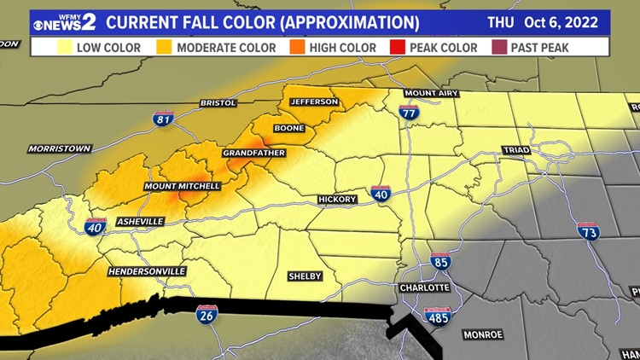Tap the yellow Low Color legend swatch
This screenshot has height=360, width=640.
(63, 48)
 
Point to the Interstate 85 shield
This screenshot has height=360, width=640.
(440, 262)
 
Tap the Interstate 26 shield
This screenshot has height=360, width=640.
(207, 315)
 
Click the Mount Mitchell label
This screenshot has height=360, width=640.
(183, 186)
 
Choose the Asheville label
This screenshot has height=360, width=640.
(140, 221)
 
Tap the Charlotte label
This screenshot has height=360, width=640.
(425, 288)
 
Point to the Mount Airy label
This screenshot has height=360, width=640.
(427, 93)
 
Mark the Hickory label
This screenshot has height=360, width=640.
(337, 200)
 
